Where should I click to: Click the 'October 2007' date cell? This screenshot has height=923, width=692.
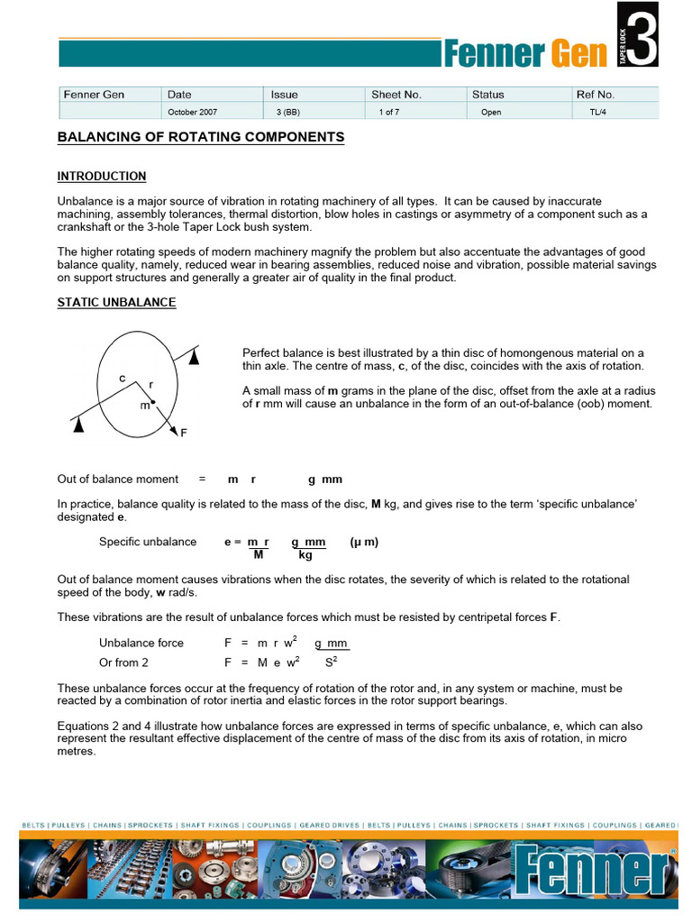click(x=192, y=113)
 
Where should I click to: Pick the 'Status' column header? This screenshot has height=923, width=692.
click(x=487, y=95)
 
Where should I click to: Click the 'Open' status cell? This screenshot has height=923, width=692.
click(x=491, y=113)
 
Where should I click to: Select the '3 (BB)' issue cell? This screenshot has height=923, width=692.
click(x=287, y=113)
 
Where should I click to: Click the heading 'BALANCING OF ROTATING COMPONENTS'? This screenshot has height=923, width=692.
click(x=201, y=137)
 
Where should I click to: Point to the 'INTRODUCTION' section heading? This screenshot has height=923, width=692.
click(x=102, y=176)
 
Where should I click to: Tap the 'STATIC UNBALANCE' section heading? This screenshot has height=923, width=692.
click(x=116, y=302)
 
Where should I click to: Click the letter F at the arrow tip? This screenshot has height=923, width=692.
click(x=184, y=434)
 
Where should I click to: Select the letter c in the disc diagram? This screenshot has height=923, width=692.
click(x=123, y=379)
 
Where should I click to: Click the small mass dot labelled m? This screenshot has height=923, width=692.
click(x=153, y=402)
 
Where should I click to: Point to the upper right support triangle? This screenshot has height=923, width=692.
click(x=194, y=357)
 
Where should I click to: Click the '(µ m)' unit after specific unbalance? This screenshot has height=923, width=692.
click(x=364, y=542)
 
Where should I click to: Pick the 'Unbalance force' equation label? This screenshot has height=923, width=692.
click(x=141, y=643)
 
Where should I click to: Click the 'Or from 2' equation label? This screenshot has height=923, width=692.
click(x=123, y=663)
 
